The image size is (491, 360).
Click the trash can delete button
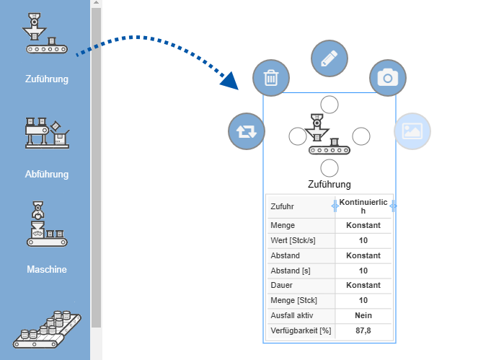271,78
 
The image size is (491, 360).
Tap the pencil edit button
329,58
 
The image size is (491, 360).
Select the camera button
388,78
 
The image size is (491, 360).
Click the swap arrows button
247,131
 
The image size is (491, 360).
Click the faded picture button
412,131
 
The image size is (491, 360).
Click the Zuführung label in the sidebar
46,79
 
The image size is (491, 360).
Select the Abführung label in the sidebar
46,174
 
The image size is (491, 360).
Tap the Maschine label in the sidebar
46,270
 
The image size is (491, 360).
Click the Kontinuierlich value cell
363,206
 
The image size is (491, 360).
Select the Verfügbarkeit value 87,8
363,330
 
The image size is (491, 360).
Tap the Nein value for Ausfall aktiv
363,315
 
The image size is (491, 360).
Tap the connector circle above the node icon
329,104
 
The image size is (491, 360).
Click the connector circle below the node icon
329,168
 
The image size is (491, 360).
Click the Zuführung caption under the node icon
329,185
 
